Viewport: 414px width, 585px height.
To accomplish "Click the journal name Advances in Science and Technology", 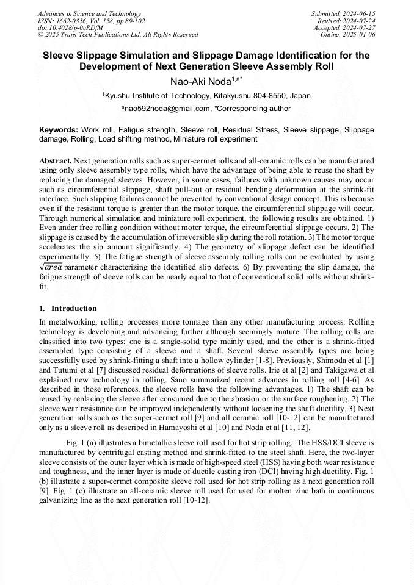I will pos(89,13).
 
